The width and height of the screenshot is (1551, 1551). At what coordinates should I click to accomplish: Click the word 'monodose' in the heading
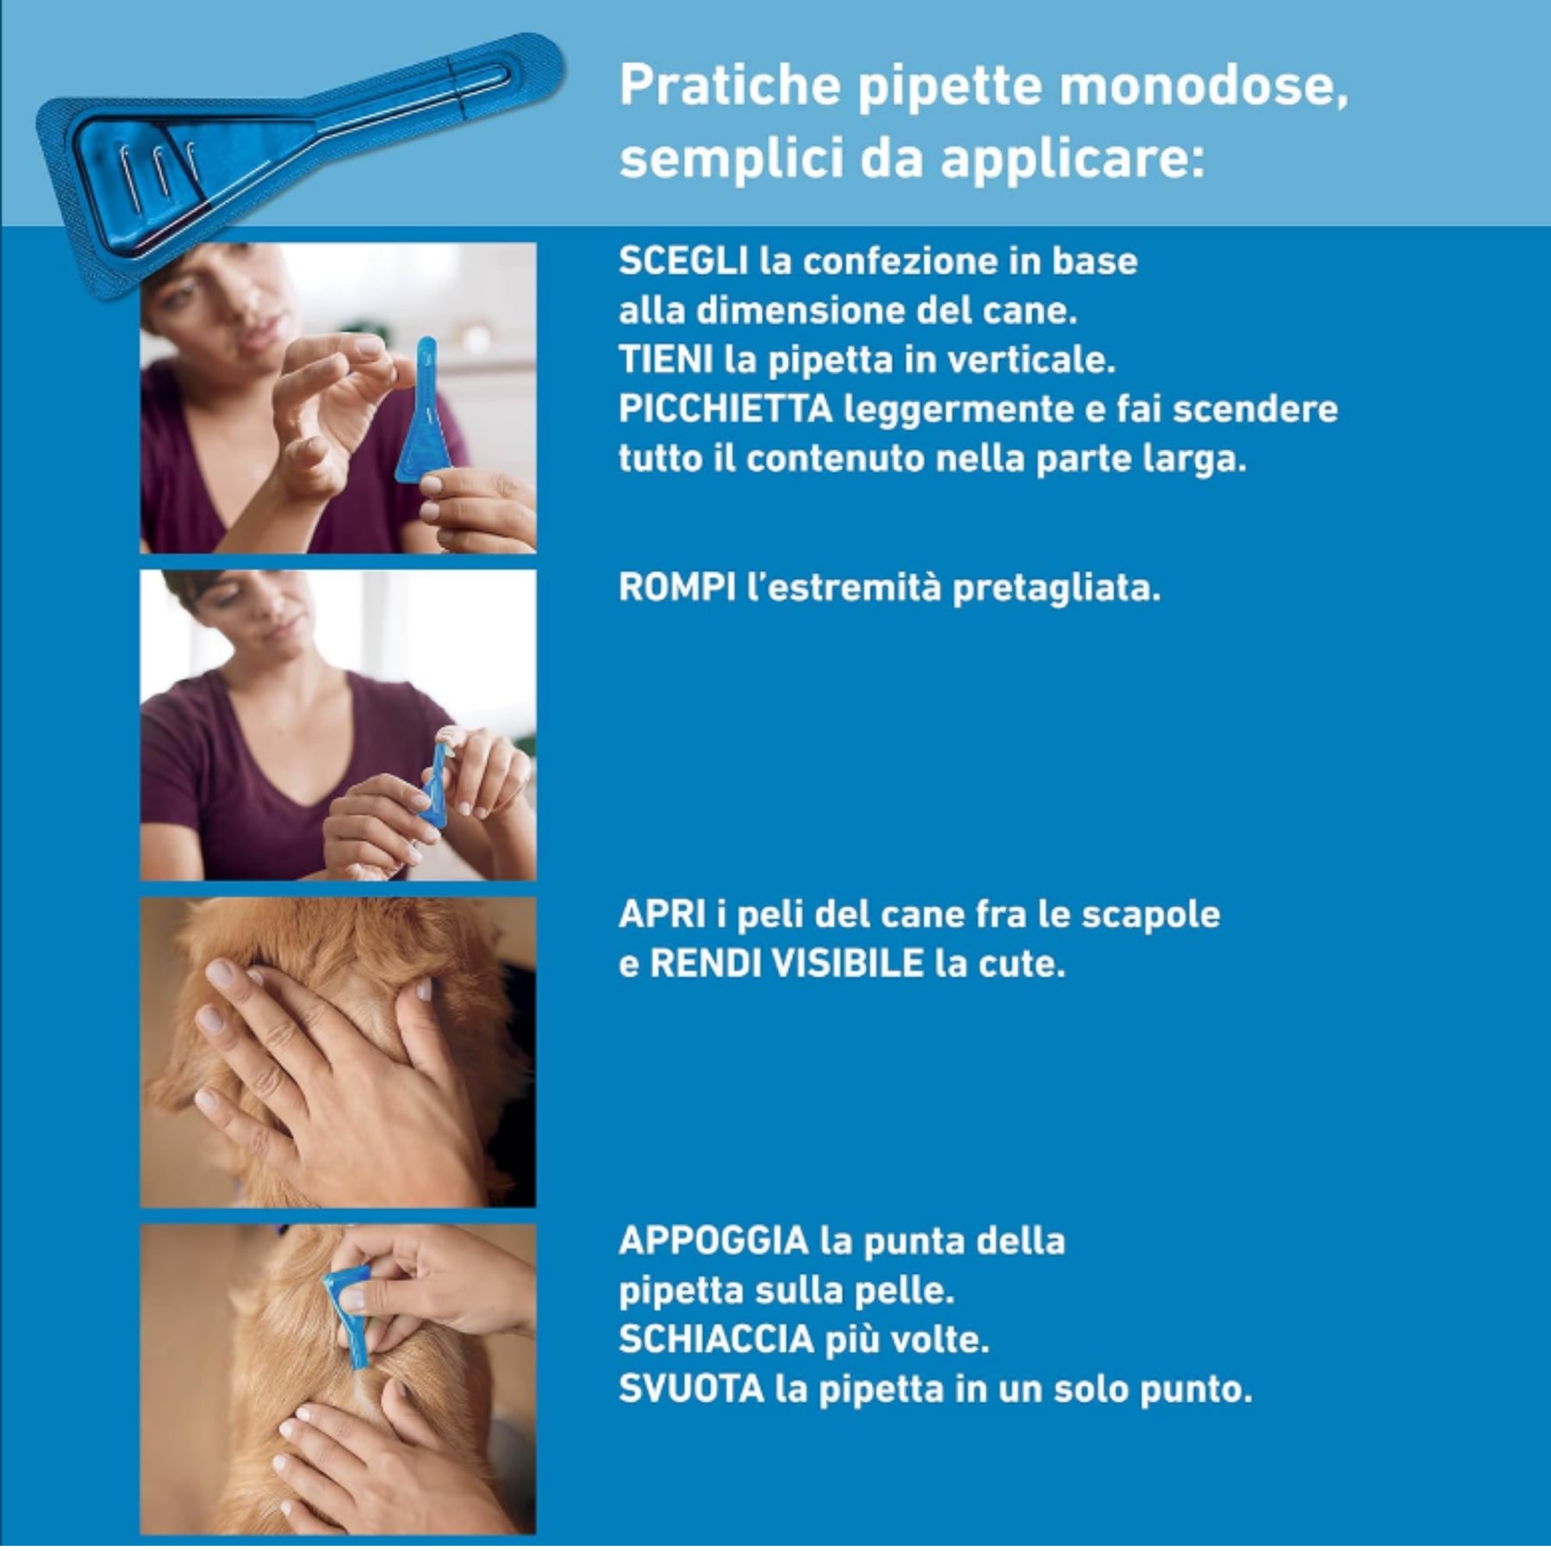[1203, 85]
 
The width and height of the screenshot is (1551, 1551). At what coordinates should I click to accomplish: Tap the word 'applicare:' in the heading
[1073, 159]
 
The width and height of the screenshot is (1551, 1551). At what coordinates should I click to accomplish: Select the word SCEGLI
[683, 261]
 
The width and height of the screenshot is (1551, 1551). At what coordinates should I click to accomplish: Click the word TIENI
[665, 359]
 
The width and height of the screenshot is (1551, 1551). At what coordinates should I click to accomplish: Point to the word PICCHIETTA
[726, 408]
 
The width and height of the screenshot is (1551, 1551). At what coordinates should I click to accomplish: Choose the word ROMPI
[677, 588]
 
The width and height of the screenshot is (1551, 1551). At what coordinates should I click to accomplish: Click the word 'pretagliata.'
[1056, 589]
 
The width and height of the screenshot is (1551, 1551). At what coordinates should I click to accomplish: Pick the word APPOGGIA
[713, 1241]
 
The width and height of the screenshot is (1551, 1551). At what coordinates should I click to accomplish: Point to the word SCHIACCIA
[716, 1339]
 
